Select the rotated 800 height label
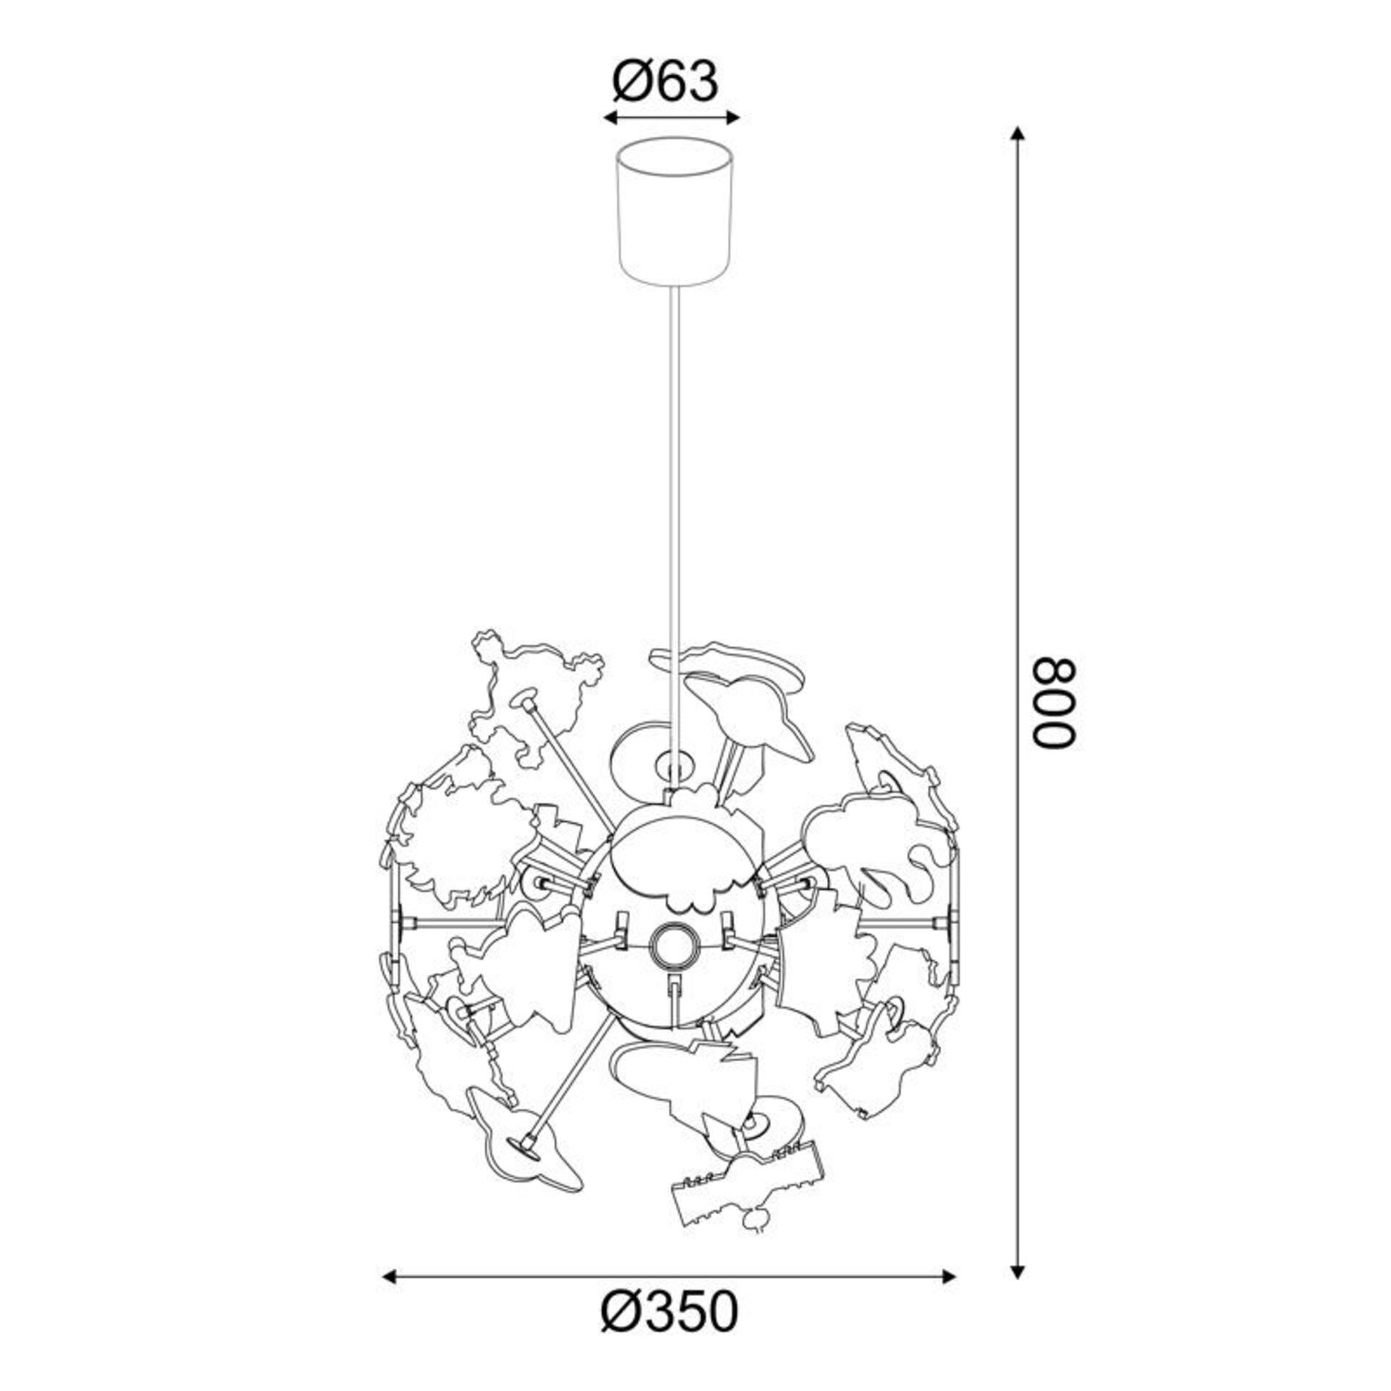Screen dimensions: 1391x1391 pos(1055,702)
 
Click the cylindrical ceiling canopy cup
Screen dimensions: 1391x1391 pos(674,211)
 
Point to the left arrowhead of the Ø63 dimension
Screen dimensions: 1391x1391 pos(610,118)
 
